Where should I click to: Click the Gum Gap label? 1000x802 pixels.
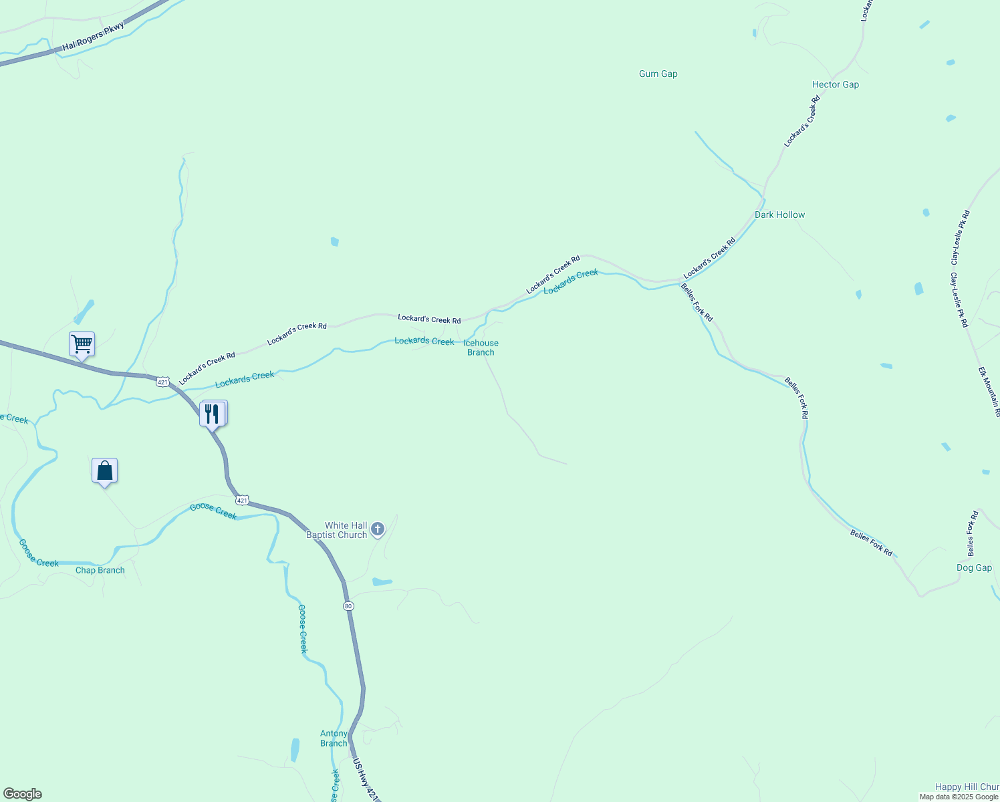tap(658, 74)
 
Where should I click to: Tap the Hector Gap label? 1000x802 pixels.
tap(835, 85)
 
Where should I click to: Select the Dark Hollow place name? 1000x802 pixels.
tap(779, 215)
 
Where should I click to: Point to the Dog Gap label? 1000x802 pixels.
tap(974, 568)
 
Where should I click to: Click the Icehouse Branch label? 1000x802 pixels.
tap(481, 348)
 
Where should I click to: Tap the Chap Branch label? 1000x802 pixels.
tap(100, 571)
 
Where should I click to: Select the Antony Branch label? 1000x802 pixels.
tap(334, 739)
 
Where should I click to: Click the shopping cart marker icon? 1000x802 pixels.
tap(82, 344)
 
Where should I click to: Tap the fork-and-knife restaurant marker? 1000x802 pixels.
tap(212, 414)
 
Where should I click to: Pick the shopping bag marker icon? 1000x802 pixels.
tap(104, 471)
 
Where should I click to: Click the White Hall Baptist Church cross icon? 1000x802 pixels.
tap(378, 530)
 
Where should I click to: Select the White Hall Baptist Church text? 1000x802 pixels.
tap(337, 531)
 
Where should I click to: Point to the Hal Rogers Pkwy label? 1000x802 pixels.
tap(93, 37)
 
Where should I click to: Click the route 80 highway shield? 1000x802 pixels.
tap(348, 606)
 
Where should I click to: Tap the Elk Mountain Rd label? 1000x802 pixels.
tap(990, 392)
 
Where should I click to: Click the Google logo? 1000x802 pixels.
tap(23, 794)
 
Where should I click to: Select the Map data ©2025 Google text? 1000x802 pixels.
tap(959, 797)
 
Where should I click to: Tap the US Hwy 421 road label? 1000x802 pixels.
tap(365, 780)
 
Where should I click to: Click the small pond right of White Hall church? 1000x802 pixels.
tap(382, 582)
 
